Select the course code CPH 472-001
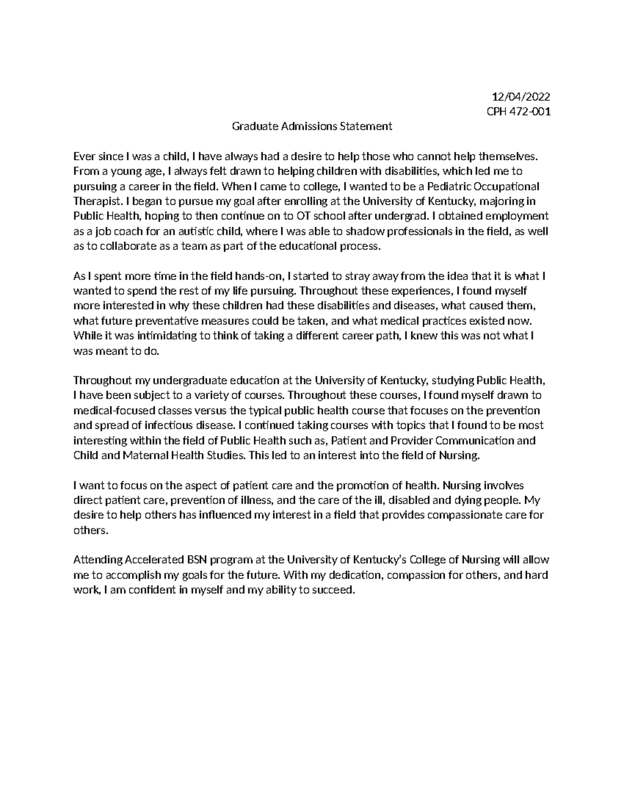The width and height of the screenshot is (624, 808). tap(518, 111)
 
